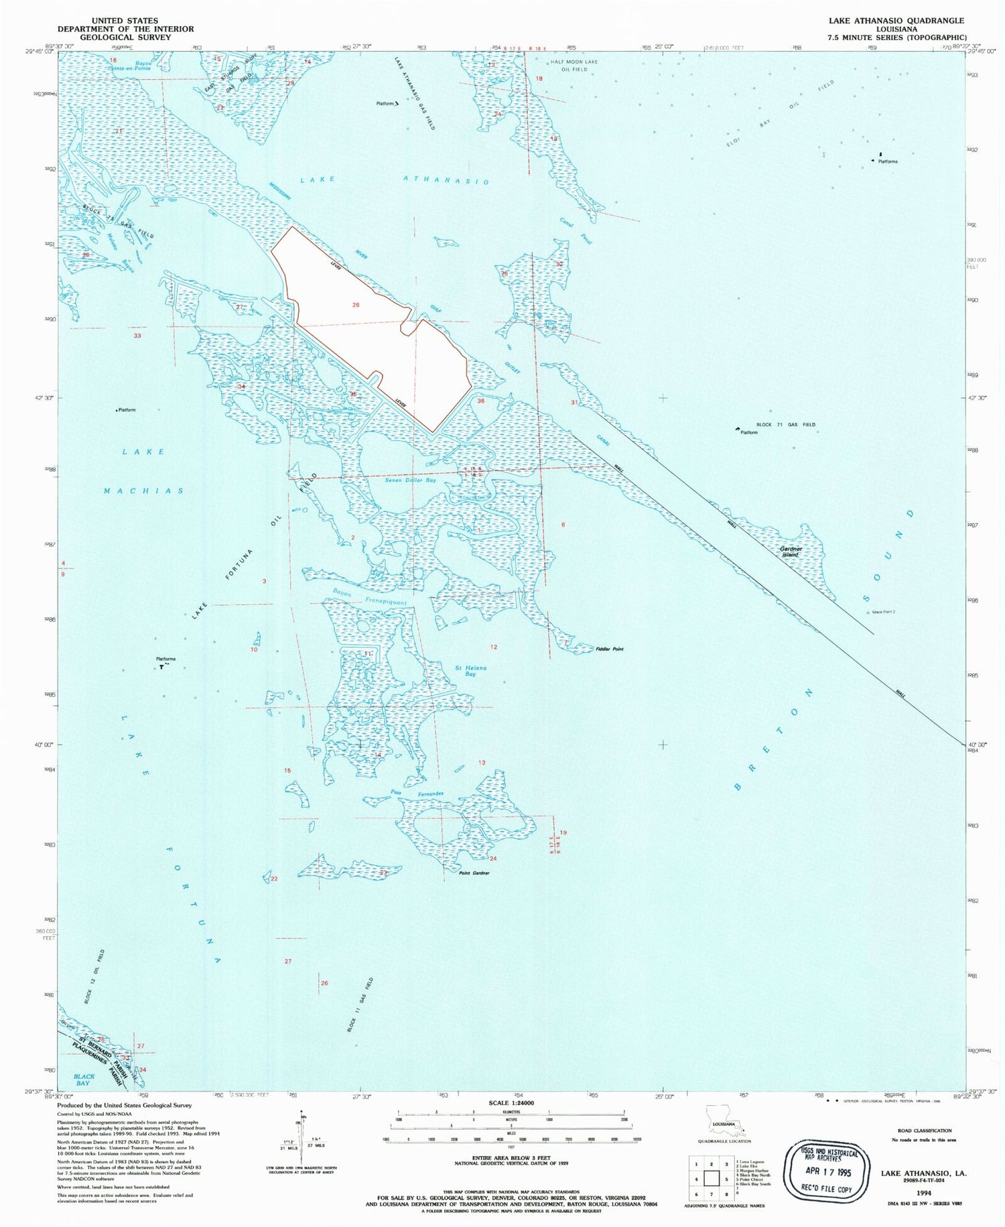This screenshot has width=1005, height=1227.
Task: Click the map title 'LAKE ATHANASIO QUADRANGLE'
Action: tap(896, 21)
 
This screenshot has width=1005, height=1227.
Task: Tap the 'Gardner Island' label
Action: tap(791, 552)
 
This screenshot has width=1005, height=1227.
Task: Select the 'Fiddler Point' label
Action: tap(609, 649)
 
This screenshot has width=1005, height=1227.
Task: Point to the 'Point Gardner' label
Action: tap(474, 873)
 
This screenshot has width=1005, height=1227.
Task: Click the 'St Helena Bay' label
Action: tap(471, 671)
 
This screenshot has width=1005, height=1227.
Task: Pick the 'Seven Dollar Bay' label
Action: tap(410, 480)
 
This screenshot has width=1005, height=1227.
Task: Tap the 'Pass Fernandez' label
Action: tap(417, 793)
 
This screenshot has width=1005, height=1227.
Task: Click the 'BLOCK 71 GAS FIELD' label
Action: tap(786, 424)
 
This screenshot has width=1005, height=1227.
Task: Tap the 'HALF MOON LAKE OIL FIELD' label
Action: tap(574, 65)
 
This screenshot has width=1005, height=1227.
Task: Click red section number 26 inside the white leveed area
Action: tap(356, 305)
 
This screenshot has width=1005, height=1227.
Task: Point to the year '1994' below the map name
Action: tap(923, 1193)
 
